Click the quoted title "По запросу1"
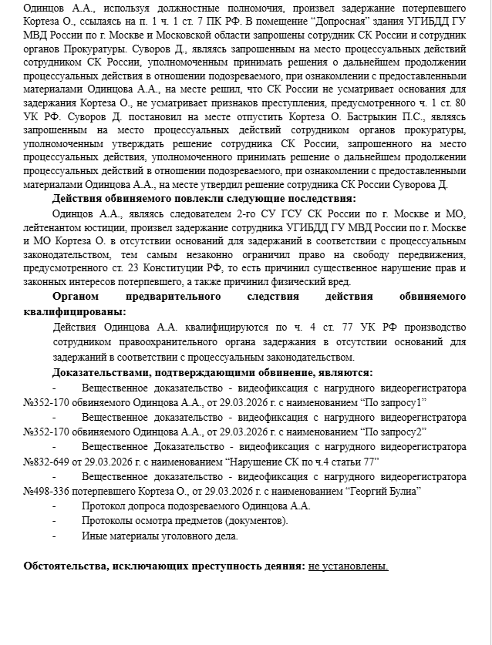click(395, 402)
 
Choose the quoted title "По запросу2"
click(395, 432)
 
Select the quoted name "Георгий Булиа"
click(383, 490)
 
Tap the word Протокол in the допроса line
click(103, 506)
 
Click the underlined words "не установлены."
click(348, 566)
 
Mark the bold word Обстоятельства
click(72, 566)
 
